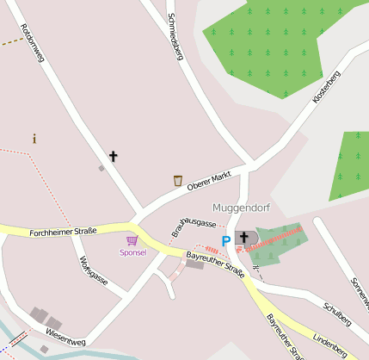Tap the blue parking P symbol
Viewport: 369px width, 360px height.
pos(226,241)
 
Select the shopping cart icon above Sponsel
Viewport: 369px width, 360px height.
pos(132,240)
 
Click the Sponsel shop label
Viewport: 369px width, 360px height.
pos(132,252)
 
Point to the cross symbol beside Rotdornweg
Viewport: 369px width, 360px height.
pos(113,156)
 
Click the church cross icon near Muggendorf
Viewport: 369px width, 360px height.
pos(243,237)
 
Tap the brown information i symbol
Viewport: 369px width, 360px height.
pos(34,139)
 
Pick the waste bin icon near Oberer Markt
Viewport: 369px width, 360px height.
pos(177,180)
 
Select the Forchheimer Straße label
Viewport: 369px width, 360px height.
pos(62,233)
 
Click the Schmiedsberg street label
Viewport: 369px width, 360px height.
pos(173,39)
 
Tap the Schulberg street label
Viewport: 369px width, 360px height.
pos(335,312)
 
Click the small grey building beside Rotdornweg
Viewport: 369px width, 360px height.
pos(101,169)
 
